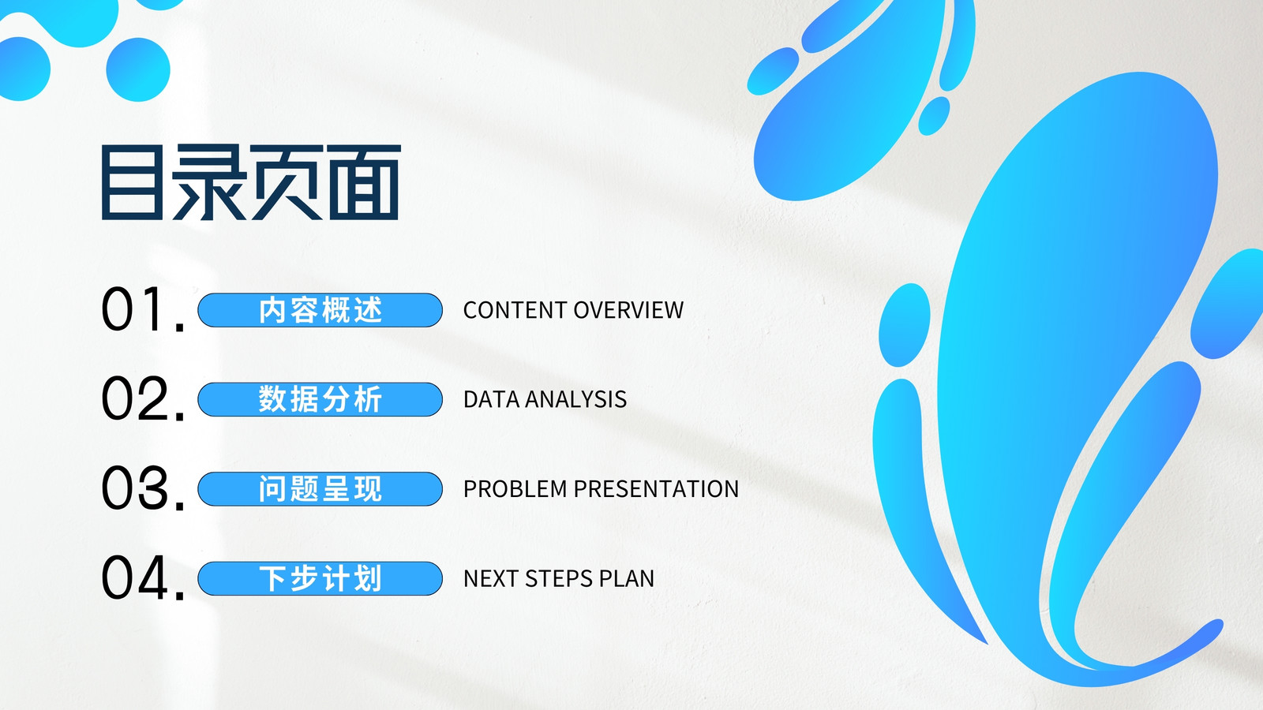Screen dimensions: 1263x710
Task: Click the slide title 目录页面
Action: point(251,182)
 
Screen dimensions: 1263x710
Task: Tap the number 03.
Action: point(143,488)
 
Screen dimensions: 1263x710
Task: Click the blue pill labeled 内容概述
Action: point(320,310)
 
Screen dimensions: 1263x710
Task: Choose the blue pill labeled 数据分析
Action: point(320,399)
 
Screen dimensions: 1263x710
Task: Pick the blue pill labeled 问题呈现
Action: point(320,489)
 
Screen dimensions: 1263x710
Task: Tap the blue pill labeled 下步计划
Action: point(320,579)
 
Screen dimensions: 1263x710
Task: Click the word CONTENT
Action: point(514,310)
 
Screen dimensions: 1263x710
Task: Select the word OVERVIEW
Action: point(628,310)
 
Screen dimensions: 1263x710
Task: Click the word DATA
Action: point(491,399)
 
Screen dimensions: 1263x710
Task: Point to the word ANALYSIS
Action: point(576,399)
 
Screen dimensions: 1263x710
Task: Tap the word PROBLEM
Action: point(515,489)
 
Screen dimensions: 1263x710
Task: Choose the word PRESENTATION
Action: point(656,489)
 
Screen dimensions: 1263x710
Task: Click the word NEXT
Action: point(490,579)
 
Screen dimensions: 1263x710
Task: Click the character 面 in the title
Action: point(364,182)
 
